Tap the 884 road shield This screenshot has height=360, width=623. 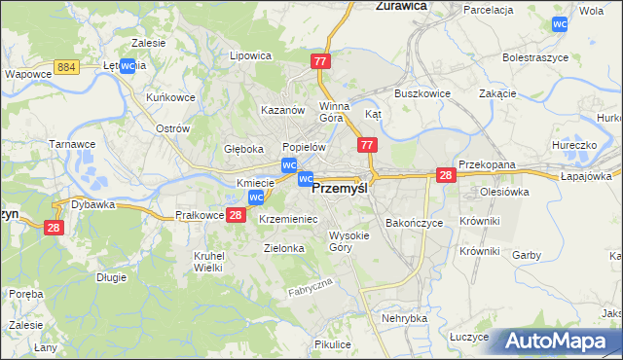point(67,66)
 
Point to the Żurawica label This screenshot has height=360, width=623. point(403,6)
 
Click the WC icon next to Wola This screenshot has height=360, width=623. point(559,24)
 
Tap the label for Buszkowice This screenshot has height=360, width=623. point(420,93)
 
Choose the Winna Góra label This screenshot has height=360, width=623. point(334,112)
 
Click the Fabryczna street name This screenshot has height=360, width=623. point(311,287)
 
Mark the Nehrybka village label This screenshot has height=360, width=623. point(405,318)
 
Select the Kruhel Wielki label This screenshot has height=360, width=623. point(209,261)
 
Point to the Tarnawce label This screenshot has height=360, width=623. point(72,144)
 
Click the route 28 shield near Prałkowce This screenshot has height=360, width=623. point(235,215)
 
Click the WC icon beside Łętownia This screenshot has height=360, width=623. point(127,66)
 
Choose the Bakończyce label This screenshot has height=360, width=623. point(415,223)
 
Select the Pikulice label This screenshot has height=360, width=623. point(333,344)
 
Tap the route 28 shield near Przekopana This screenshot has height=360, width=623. point(446,174)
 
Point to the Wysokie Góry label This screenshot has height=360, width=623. point(348,241)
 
